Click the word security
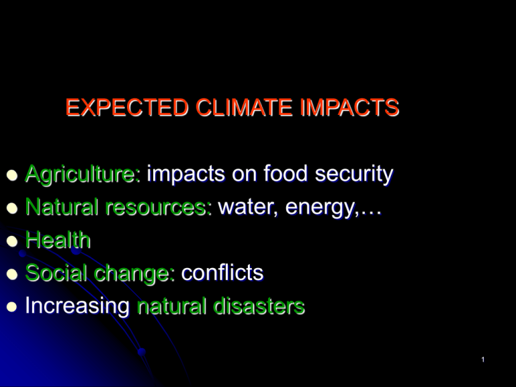pyautogui.click(x=354, y=175)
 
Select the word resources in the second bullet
pyautogui.click(x=167, y=208)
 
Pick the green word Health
pyautogui.click(x=57, y=240)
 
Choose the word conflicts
pyautogui.click(x=222, y=273)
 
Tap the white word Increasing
pyautogui.click(x=77, y=306)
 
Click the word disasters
pyautogui.click(x=259, y=306)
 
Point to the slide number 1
pyautogui.click(x=483, y=360)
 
